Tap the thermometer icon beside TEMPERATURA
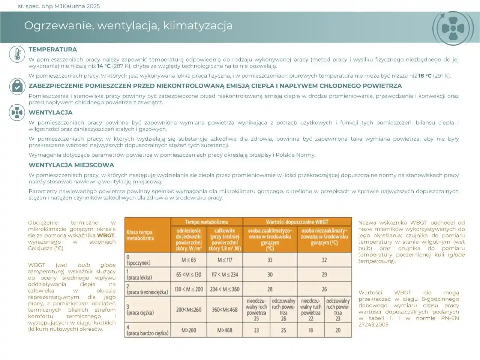click(17, 54)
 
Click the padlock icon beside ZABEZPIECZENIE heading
click(17, 86)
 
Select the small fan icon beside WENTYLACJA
click(17, 112)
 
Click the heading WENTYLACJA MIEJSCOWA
click(71, 165)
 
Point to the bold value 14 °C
click(104, 66)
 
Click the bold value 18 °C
click(425, 76)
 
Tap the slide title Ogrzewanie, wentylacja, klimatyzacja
click(128, 25)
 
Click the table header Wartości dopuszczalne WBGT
click(297, 222)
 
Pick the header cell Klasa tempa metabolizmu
click(139, 235)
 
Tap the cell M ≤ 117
click(225, 260)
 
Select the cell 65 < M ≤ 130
click(189, 274)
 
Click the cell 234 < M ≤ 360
click(225, 289)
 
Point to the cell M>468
click(225, 330)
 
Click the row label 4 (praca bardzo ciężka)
click(147, 330)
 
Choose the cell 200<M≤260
click(189, 310)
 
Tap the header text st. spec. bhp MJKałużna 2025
click(59, 6)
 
